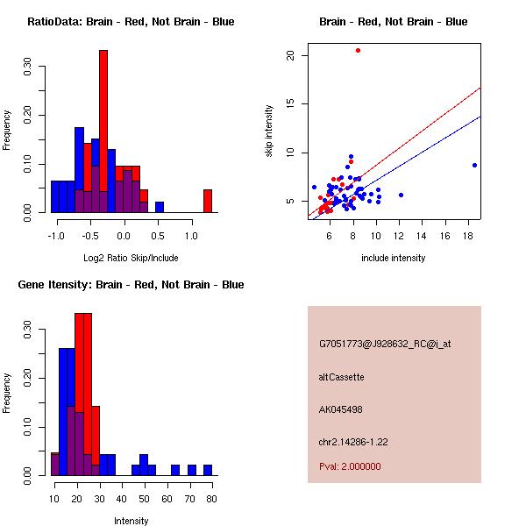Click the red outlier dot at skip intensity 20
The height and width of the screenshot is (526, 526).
358,50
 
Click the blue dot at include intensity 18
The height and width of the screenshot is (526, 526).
474,165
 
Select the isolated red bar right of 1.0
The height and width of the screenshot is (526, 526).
208,201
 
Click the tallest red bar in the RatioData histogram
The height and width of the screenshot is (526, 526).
103,131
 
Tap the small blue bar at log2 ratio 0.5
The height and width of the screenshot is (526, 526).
160,208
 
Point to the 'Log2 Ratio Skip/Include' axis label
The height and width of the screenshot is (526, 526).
131,258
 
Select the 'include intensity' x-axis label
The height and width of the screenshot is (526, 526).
394,258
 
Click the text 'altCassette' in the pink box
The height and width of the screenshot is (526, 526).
341,377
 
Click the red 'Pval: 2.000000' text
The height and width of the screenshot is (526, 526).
350,466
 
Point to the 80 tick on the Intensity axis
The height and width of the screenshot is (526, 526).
211,499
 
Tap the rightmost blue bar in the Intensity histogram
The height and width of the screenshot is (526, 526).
208,470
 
